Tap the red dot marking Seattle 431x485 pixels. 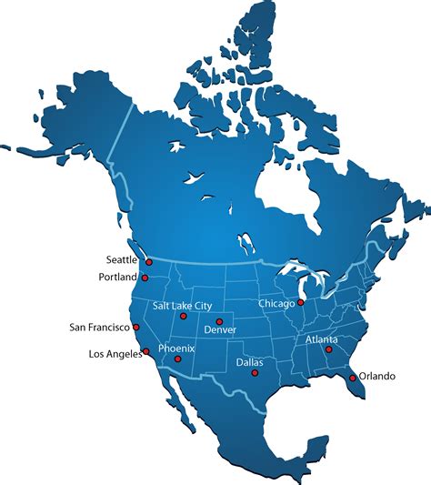(x=149, y=261)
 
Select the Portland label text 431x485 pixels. (x=118, y=277)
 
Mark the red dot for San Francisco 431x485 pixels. (x=135, y=326)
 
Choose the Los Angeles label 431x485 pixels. (x=115, y=354)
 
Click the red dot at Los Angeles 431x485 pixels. (x=145, y=350)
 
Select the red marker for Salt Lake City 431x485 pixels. (x=184, y=316)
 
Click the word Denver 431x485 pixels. (x=220, y=329)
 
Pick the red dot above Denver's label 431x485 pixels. (x=219, y=321)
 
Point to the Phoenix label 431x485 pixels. (x=176, y=349)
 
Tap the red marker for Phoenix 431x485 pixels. (x=178, y=359)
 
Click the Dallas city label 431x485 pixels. (x=250, y=361)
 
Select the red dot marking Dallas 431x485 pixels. (x=254, y=372)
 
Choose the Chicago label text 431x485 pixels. (x=276, y=303)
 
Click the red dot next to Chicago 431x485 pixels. (x=301, y=303)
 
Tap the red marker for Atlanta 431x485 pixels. (x=329, y=349)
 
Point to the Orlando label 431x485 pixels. (x=377, y=375)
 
